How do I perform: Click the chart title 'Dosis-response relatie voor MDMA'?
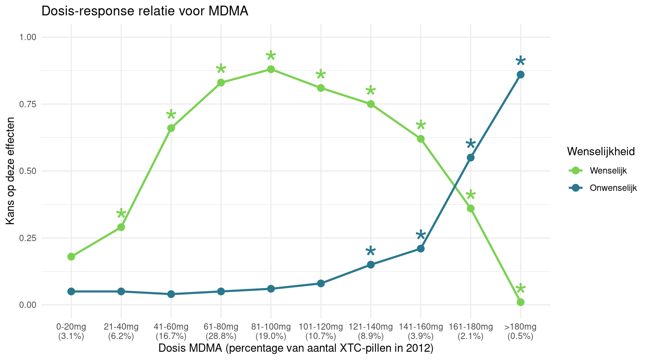(145, 11)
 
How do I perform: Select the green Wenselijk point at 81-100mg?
(271, 69)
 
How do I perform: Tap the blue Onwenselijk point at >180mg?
(520, 75)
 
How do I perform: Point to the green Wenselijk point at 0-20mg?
(71, 256)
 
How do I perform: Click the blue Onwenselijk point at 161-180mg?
(471, 157)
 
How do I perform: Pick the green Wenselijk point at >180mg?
(520, 302)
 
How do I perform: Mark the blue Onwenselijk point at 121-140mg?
(371, 265)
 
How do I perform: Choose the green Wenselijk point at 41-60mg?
(171, 128)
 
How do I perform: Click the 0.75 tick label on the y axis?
(28, 104)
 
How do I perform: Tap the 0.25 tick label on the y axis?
(28, 238)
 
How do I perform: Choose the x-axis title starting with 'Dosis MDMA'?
(296, 348)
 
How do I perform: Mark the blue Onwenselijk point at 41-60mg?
(171, 294)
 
